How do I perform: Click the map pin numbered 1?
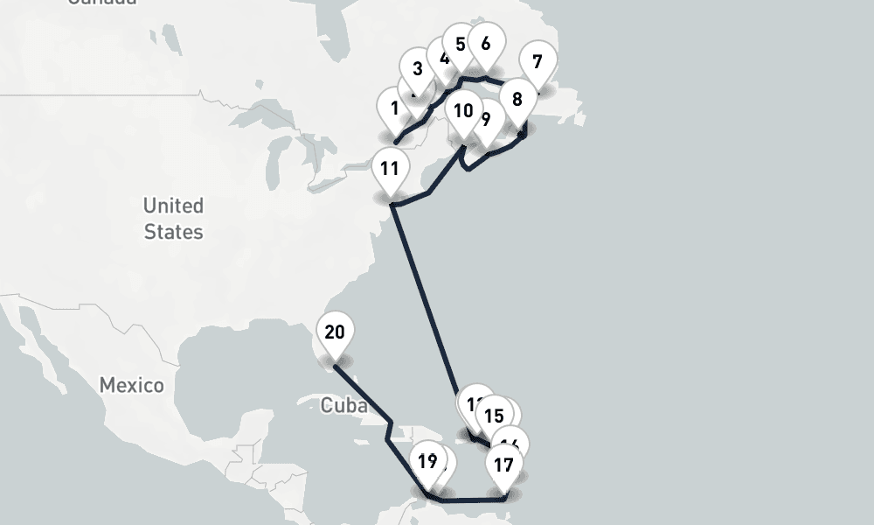(x=395, y=108)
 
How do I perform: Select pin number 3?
(x=418, y=69)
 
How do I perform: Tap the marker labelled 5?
(x=461, y=44)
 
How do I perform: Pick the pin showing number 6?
(x=486, y=43)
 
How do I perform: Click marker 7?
(x=538, y=62)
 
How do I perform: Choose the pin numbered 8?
(x=517, y=100)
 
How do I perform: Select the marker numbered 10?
(x=463, y=111)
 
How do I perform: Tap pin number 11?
(x=390, y=169)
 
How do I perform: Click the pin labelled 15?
(x=494, y=416)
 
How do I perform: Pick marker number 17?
(x=504, y=465)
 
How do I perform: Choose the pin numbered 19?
(x=427, y=461)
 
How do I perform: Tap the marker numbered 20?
(x=335, y=332)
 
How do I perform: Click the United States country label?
(x=173, y=219)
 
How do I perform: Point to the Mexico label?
(x=131, y=385)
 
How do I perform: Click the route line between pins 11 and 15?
(x=424, y=297)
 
